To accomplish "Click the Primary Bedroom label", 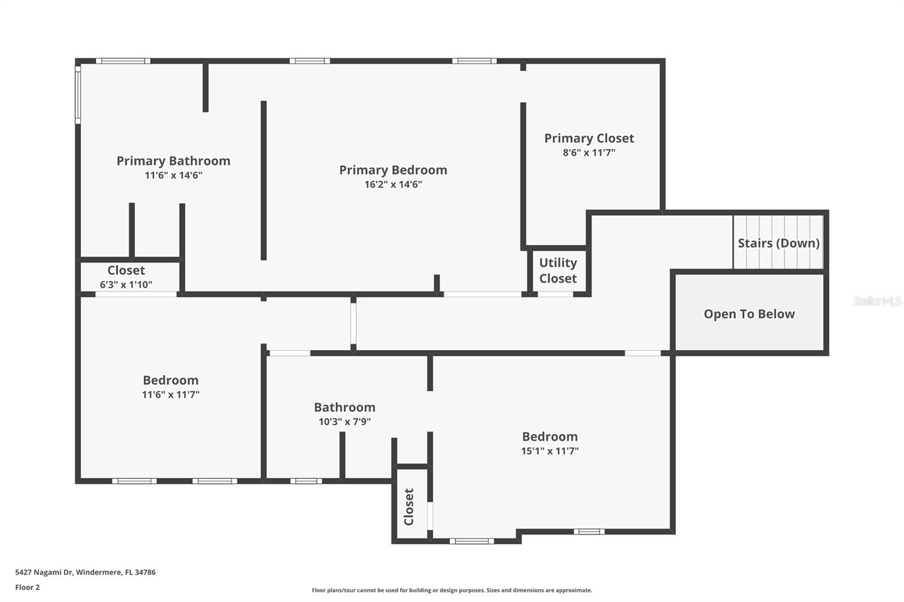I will (393, 170).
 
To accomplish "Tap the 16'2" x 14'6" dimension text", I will (393, 184).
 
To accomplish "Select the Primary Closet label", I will (589, 138).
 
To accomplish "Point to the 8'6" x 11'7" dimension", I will (589, 152).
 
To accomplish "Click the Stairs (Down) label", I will (778, 243).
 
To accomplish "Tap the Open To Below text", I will (749, 314).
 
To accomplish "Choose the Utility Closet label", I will (558, 271).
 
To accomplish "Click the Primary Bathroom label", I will (173, 161).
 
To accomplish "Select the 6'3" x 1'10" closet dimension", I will (126, 285).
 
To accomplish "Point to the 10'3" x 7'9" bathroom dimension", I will (345, 421).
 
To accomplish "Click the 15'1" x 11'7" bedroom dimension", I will (549, 451).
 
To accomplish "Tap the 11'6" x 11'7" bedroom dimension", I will (170, 394).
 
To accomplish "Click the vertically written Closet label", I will (409, 507).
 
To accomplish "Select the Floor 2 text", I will (27, 587).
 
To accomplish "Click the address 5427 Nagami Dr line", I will (85, 572).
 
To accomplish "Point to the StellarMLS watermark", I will (877, 301).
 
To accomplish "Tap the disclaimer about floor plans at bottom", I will (451, 590).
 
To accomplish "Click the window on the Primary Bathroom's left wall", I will (78, 94).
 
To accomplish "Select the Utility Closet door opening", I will (555, 294).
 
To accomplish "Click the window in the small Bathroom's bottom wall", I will (306, 481).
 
